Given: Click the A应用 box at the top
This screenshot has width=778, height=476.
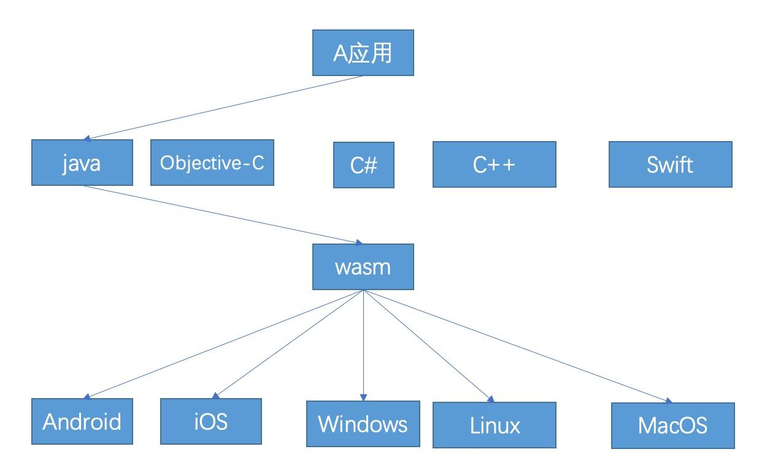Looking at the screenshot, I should [363, 53].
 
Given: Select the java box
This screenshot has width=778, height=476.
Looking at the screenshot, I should [82, 163].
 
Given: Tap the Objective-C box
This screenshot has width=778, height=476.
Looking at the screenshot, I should [212, 163].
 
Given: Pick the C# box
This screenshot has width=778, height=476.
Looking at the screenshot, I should [364, 165].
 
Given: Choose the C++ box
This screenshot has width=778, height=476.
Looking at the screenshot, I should [494, 164].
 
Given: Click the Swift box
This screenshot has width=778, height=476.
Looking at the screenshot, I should [670, 164].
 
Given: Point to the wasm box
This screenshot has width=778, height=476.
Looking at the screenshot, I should [363, 267].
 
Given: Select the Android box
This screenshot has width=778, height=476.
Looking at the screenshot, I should [82, 421].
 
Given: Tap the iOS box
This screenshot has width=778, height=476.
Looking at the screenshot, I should [210, 421].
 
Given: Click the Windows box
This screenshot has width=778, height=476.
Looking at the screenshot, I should [363, 424].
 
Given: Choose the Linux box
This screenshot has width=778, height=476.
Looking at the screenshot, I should [494, 424].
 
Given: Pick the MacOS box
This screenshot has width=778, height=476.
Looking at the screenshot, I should [672, 425].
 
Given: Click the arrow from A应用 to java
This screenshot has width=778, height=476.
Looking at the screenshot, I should [224, 108].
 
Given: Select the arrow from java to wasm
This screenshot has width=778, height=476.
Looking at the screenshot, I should [221, 215].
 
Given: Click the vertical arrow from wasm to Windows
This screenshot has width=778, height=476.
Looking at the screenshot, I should [363, 344].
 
